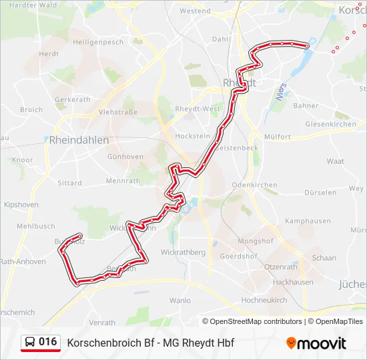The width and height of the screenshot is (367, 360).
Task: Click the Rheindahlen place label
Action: click(79, 140)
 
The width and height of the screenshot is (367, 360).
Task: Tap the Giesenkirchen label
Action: click(330, 124)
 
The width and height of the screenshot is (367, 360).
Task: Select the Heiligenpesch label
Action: click(98, 41)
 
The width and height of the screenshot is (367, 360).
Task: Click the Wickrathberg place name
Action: click(183, 253)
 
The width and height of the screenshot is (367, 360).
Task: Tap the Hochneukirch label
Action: click(264, 300)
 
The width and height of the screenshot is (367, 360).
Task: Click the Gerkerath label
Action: click(72, 99)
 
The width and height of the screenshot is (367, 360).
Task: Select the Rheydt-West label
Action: click(198, 109)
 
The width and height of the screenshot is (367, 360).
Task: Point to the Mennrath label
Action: click(123, 180)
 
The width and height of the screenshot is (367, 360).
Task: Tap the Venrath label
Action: click(102, 323)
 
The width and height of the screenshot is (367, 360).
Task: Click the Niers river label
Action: click(280, 91)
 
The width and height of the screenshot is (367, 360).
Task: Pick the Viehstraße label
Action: click(117, 112)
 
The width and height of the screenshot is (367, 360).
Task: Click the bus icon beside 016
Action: click(30, 343)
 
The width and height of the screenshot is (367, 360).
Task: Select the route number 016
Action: click(48, 342)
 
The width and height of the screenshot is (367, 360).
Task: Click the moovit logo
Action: click(316, 343)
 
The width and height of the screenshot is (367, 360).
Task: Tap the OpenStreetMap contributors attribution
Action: click(256, 321)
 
